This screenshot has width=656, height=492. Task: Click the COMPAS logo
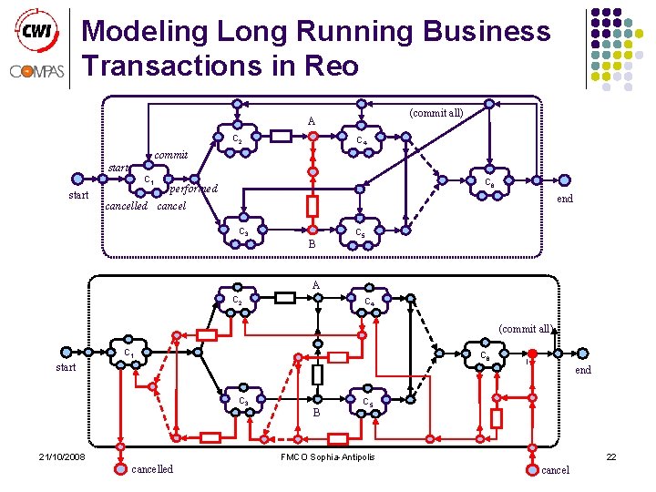[36, 70]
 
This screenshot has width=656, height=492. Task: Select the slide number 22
[610, 456]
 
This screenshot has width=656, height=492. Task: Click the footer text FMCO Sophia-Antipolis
[327, 456]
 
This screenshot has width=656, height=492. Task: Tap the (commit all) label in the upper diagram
[436, 113]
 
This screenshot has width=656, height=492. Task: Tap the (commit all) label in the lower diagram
[526, 329]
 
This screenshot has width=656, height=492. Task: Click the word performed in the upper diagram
[194, 189]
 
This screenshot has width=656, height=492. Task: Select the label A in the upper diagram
[312, 121]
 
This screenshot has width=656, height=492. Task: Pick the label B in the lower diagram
[316, 412]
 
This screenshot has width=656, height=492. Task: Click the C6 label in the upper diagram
[490, 183]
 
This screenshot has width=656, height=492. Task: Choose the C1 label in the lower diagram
[129, 353]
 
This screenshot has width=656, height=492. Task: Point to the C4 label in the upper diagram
[362, 142]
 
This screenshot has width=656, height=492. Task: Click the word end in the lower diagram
[583, 370]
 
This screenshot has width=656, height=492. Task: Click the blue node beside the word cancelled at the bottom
[122, 469]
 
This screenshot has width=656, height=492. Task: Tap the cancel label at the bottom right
[555, 470]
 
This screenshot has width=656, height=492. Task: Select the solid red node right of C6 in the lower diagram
[531, 354]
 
